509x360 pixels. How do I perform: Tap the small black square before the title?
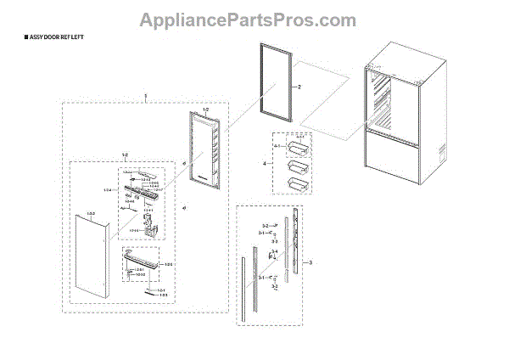(9, 40)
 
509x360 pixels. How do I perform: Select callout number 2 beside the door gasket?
(299, 87)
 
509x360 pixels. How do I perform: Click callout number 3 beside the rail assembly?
(310, 263)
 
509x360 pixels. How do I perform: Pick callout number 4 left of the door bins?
(264, 162)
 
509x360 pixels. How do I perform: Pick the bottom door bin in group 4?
(297, 182)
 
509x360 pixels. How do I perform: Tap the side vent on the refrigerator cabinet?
(440, 154)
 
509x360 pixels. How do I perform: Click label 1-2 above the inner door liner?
(205, 110)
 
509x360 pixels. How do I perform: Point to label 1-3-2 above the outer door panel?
(91, 213)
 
